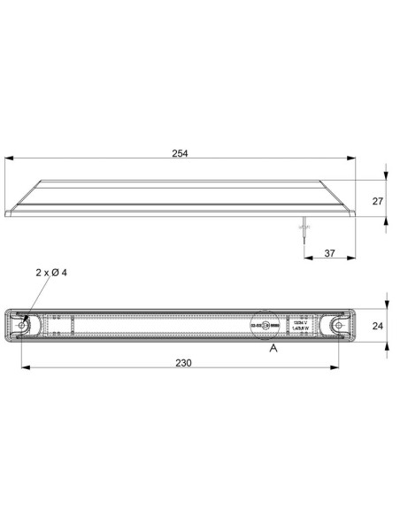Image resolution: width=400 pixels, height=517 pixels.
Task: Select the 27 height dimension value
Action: (x=378, y=201)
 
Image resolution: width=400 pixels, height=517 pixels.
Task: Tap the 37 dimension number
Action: (x=328, y=253)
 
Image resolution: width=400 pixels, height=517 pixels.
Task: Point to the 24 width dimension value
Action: (x=378, y=326)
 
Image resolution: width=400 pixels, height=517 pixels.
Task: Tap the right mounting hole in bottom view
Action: (x=338, y=327)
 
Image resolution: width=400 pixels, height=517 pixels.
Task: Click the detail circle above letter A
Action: (x=265, y=326)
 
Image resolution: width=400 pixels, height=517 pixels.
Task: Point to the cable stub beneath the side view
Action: (x=302, y=228)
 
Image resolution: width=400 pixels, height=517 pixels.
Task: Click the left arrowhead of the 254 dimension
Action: (x=9, y=159)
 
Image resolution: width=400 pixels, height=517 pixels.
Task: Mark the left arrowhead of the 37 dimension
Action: (x=306, y=259)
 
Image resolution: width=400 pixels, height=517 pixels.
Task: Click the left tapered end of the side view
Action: (x=22, y=199)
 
